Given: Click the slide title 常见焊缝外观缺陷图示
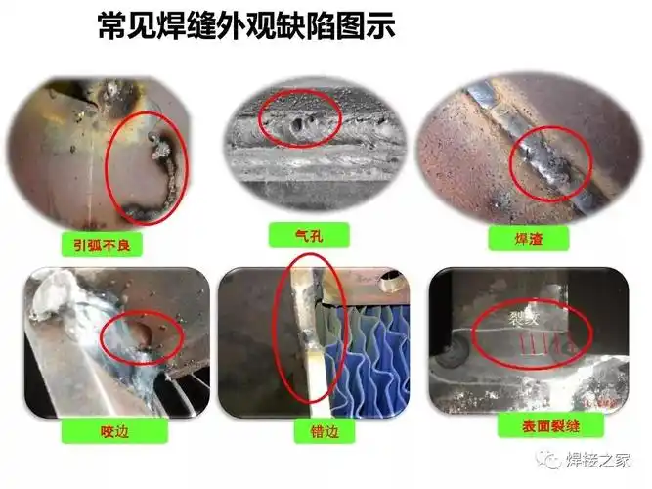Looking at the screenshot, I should coord(247,26).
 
